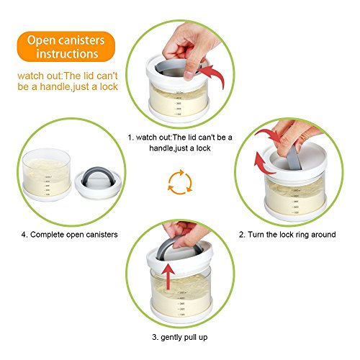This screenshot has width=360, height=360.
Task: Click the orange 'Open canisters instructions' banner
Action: [66, 47]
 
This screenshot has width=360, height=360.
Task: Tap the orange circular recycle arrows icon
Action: [180, 182]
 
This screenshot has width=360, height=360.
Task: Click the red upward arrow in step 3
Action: [168, 276]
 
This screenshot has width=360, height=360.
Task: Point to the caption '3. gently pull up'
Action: [180, 337]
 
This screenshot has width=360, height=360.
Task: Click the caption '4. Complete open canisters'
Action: [69, 235]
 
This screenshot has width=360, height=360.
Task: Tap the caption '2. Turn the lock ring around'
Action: [287, 235]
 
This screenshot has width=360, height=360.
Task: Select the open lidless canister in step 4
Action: [47, 175]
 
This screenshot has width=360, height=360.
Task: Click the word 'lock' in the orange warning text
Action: [109, 86]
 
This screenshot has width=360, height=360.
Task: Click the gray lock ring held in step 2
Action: [293, 156]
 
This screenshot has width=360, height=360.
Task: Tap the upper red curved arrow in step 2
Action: [269, 135]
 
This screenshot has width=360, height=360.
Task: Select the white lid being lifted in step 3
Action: [180, 258]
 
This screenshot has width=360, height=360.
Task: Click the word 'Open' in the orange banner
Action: [38, 40]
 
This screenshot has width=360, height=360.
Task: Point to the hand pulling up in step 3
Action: [186, 234]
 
